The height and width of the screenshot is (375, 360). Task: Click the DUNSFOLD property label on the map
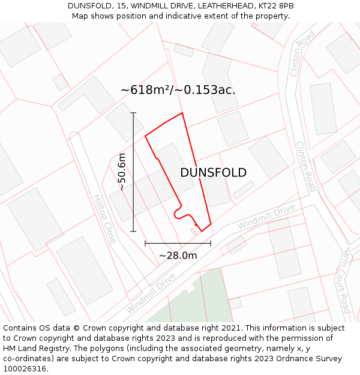(x=213, y=173)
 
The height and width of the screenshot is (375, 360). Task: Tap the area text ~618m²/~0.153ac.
(x=178, y=90)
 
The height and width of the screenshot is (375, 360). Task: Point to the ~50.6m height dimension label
(x=122, y=172)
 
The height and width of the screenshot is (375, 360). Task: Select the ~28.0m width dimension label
(x=178, y=255)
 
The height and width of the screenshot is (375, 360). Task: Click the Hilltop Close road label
(x=105, y=218)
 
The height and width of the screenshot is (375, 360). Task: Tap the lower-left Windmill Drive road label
(x=150, y=293)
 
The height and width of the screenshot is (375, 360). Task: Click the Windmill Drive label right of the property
(x=266, y=217)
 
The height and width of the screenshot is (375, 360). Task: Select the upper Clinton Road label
(x=302, y=53)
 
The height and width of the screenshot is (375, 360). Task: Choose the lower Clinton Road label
(x=305, y=167)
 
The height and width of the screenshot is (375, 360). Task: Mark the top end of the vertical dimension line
(x=133, y=112)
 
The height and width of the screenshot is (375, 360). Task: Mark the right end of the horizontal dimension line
(x=211, y=243)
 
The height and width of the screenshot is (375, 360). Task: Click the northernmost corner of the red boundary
(x=182, y=112)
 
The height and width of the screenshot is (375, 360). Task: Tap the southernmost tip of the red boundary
(x=201, y=232)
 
